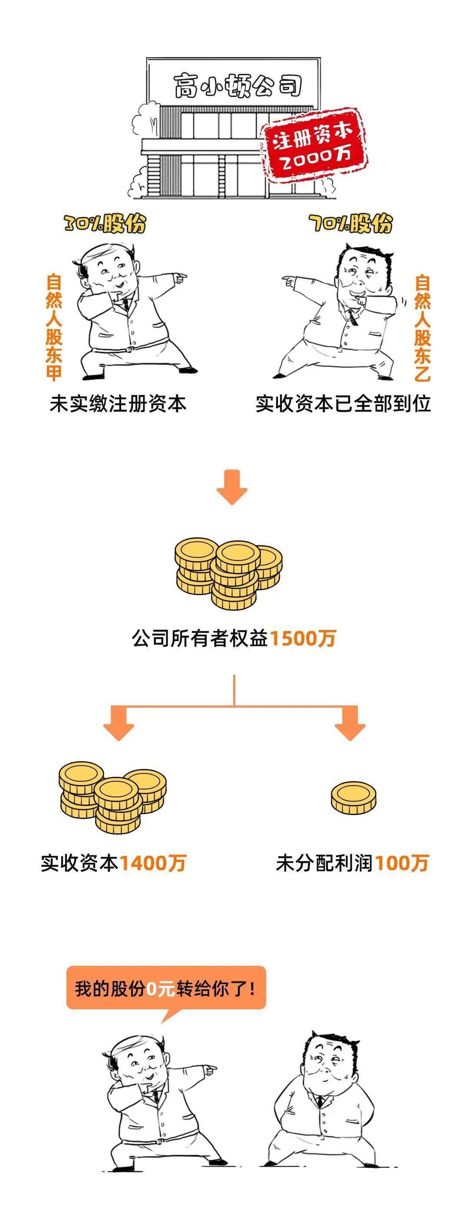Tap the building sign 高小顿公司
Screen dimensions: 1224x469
coord(238,85)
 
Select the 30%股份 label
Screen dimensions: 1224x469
coord(106,223)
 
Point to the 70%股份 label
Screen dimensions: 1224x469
coord(351,223)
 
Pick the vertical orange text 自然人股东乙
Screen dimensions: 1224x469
coord(422,328)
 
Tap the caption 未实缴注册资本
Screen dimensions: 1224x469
coord(118,404)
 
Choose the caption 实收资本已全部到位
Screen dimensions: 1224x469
coord(343,404)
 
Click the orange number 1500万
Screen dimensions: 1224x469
coord(303,638)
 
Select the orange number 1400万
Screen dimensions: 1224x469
coord(152,863)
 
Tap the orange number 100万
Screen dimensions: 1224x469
coord(402,863)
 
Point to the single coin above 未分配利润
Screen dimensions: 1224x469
coord(353,798)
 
